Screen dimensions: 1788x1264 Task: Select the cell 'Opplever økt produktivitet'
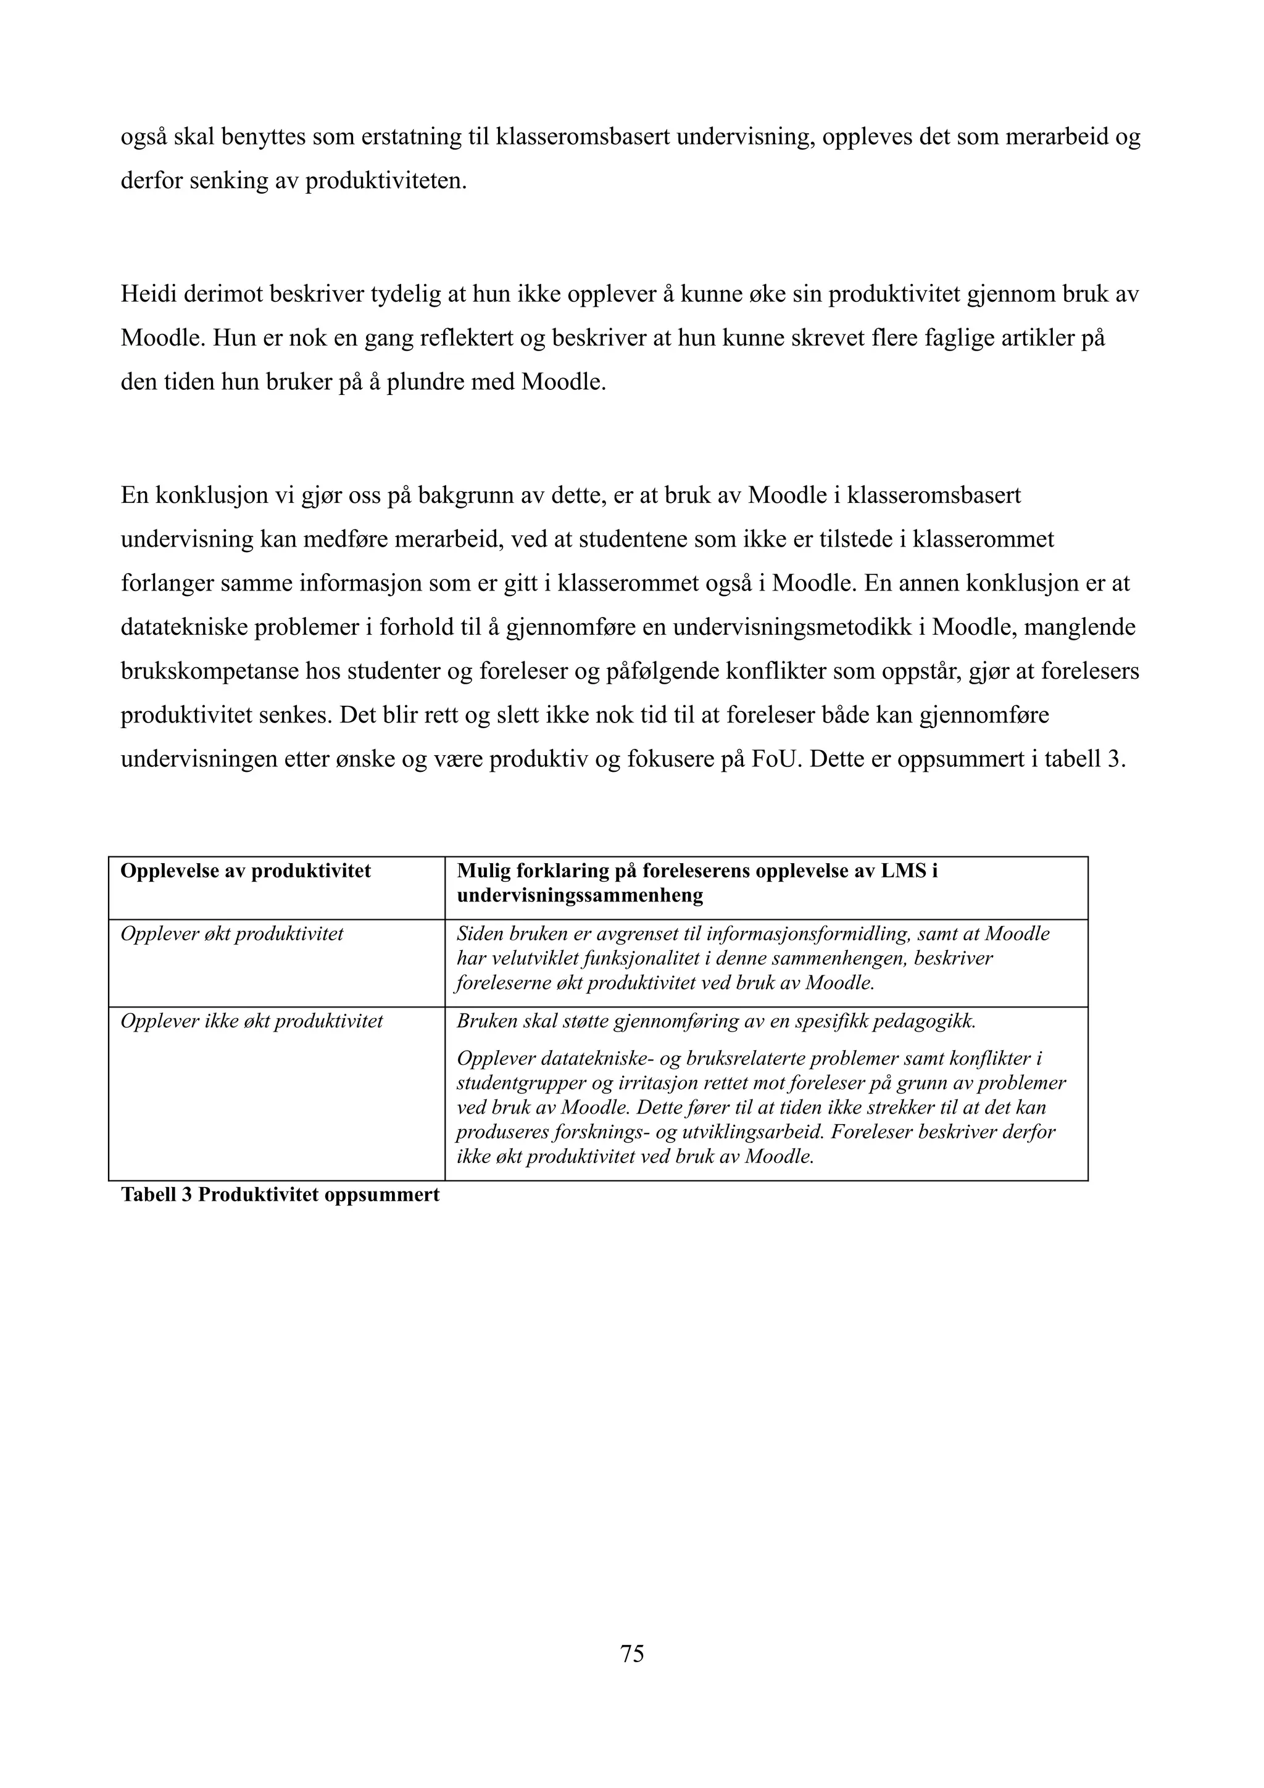231,933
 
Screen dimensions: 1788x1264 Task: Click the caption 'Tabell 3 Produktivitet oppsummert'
280,1194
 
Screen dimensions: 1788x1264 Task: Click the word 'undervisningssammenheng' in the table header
580,896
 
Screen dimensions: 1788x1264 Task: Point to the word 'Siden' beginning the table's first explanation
479,933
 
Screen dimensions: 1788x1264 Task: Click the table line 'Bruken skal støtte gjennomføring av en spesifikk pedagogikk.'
716,1021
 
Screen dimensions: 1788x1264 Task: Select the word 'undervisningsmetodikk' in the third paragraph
799,627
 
